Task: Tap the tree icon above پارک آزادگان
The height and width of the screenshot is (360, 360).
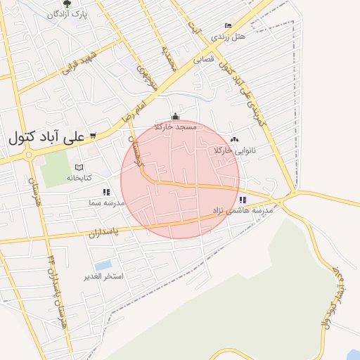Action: [x=67, y=4]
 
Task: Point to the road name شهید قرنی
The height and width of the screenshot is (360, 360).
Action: [x=78, y=60]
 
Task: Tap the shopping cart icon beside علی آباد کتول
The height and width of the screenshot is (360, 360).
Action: [x=92, y=135]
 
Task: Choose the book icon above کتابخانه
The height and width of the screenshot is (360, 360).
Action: [x=79, y=168]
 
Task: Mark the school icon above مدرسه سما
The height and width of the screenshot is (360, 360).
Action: [x=107, y=191]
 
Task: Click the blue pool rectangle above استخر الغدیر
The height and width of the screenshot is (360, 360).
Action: [x=103, y=265]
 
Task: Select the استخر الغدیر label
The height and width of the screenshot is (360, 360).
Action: [x=103, y=276]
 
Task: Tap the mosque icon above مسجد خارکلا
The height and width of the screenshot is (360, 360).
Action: [x=176, y=116]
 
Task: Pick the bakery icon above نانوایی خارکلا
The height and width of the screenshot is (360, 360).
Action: [x=234, y=140]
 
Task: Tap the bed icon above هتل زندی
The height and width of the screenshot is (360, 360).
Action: [x=227, y=25]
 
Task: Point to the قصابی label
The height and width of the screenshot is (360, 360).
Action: [x=204, y=61]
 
